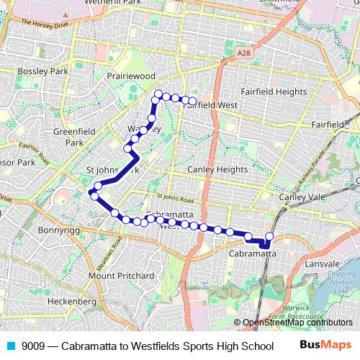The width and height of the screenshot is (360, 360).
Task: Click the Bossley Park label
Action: tap(42, 71)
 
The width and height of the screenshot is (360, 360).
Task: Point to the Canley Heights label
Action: tap(217, 169)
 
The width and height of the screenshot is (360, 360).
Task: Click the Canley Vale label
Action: tap(303, 197)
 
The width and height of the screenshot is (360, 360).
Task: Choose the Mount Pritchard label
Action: tap(121, 276)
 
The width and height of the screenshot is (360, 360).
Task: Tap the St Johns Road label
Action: tap(176, 198)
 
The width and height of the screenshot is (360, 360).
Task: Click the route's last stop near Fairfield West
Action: tap(192, 101)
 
